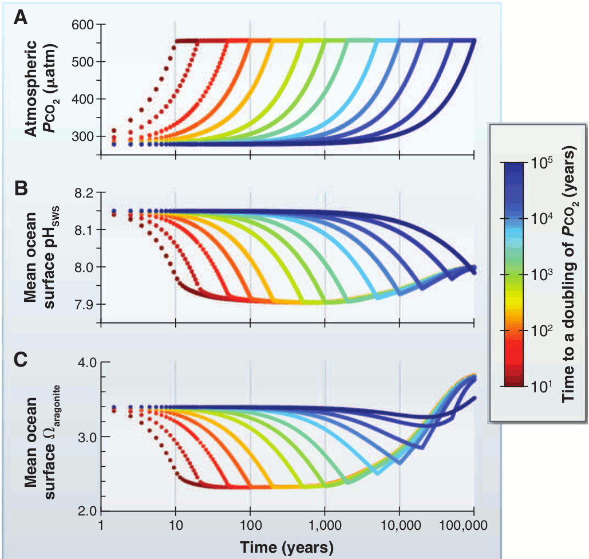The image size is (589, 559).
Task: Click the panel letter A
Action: click(x=21, y=18)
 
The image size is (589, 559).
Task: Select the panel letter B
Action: click(x=21, y=187)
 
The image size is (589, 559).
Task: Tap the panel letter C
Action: click(x=21, y=360)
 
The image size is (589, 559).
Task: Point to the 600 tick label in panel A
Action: click(x=84, y=25)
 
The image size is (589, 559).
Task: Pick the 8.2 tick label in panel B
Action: click(x=86, y=193)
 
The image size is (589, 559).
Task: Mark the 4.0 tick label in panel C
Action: click(x=86, y=362)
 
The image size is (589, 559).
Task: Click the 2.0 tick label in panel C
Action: click(x=86, y=511)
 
